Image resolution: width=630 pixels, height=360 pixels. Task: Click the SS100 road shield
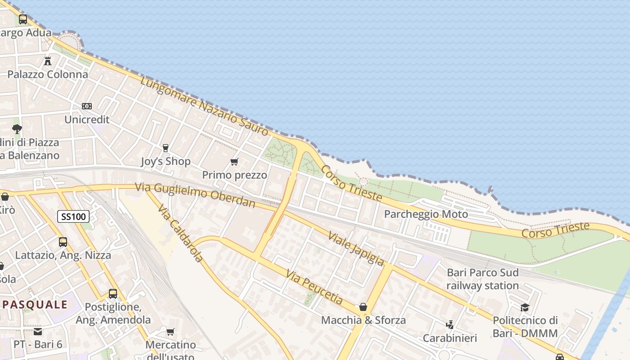point(73,216)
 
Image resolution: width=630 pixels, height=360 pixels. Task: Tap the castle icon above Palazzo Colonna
point(48,61)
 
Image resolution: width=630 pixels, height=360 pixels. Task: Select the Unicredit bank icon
point(87,106)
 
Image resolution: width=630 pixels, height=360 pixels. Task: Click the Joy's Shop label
point(166,161)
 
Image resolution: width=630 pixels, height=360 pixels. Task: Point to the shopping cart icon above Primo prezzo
point(234,162)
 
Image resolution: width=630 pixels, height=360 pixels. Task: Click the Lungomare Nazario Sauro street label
point(204,106)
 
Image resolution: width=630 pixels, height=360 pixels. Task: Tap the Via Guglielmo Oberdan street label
point(195,195)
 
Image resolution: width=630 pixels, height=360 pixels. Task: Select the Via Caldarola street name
point(180,233)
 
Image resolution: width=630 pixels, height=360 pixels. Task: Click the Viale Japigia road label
point(356,248)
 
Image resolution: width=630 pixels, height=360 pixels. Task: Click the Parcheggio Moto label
point(426,214)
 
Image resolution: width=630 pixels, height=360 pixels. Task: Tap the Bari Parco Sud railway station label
point(482,279)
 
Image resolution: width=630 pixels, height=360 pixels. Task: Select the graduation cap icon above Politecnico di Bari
point(525,307)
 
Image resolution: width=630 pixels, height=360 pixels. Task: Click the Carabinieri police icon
point(450,324)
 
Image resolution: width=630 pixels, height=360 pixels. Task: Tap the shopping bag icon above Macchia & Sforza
point(363,307)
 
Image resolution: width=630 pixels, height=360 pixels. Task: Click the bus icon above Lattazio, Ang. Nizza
point(63,242)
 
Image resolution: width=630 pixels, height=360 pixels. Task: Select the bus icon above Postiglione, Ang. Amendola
point(113,294)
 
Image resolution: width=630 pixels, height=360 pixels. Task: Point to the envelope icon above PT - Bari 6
point(38,332)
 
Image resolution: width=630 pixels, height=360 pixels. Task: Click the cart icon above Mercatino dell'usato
point(170,332)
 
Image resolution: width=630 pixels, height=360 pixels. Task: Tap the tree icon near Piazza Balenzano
point(17,129)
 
